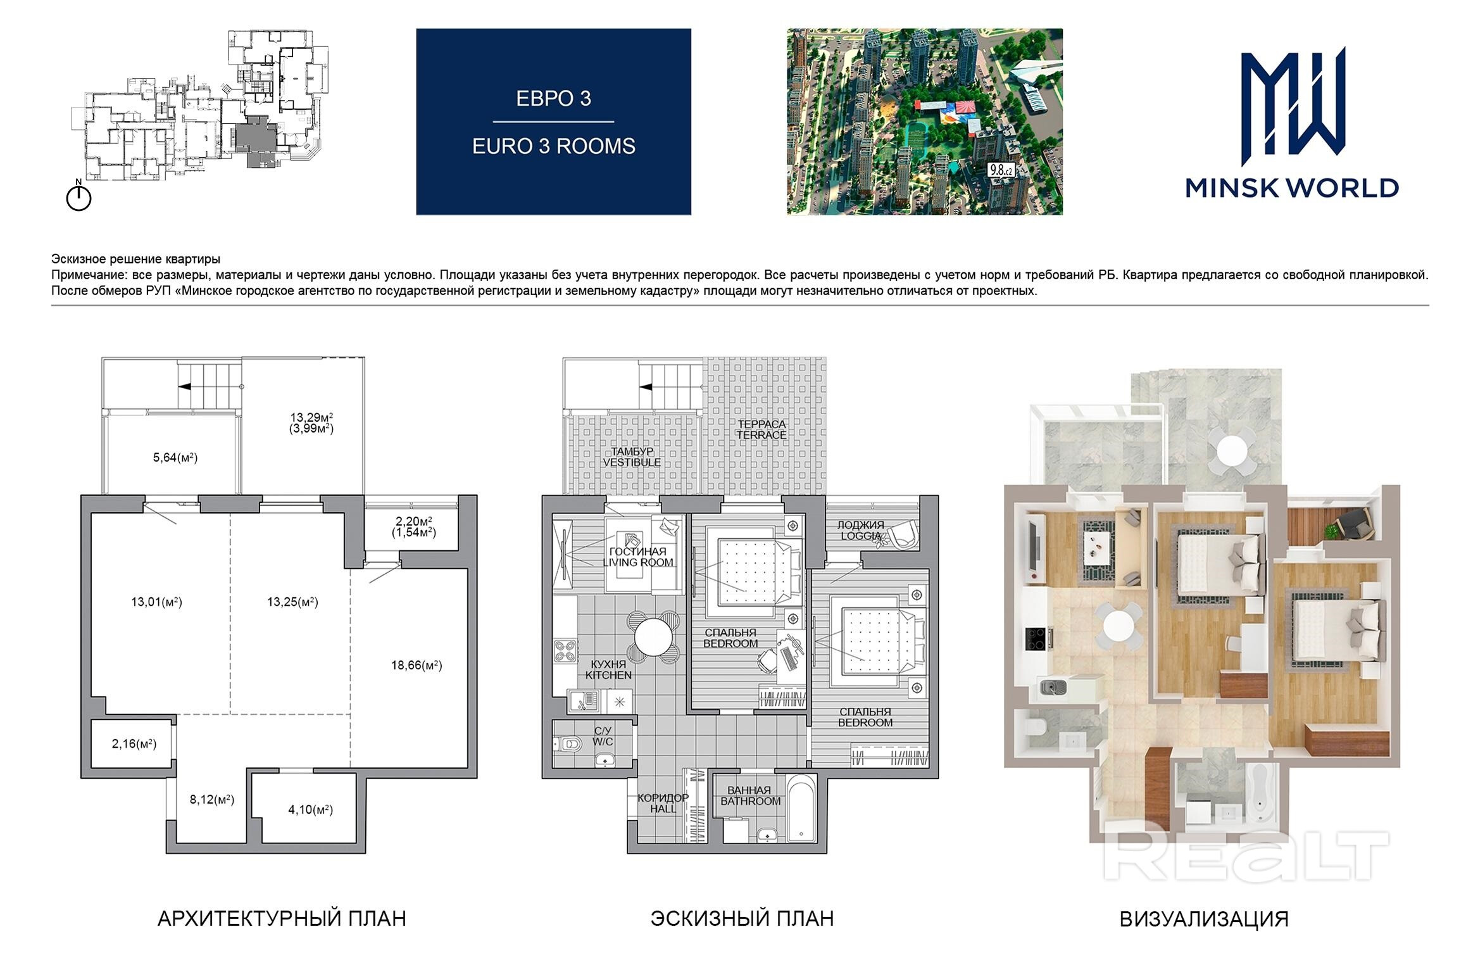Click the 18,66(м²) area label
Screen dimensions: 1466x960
coord(417,666)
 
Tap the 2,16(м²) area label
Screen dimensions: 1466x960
coord(134,743)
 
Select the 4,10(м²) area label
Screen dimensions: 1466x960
coord(310,809)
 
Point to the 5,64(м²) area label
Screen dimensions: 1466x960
coord(175,457)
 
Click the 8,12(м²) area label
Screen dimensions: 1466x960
coord(212,800)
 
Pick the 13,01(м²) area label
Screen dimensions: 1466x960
coord(156,602)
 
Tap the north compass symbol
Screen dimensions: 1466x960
coord(79,196)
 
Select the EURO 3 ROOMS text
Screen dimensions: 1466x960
coord(554,146)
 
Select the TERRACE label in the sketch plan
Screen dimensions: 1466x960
coord(761,435)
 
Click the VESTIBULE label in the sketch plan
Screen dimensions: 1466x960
coord(632,462)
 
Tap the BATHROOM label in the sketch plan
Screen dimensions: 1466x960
coord(750,801)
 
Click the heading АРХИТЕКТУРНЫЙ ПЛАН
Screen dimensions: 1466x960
coord(282,918)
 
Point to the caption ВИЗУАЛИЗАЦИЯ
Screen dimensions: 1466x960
coord(1204,919)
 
